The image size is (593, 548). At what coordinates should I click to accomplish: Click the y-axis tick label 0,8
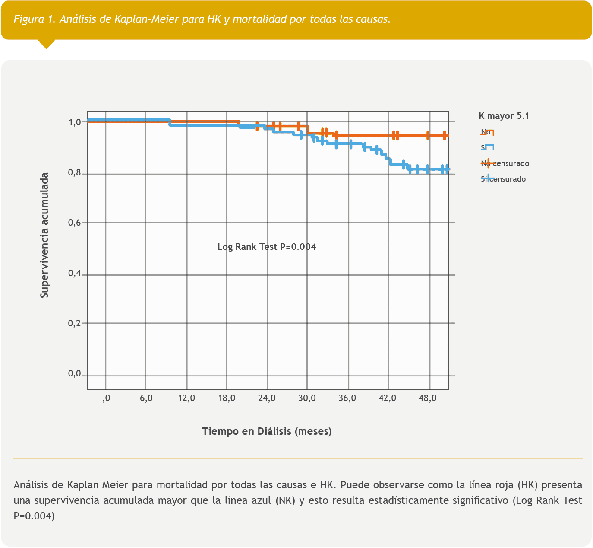75,174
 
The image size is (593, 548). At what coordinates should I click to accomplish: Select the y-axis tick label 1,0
75,122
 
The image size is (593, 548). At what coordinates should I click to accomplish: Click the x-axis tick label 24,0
267,398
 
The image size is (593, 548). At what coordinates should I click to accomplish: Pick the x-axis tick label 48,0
427,398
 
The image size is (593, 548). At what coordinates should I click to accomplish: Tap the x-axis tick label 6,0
146,398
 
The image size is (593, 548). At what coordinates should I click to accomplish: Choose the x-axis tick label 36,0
347,398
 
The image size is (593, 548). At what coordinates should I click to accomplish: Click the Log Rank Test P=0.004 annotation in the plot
267,247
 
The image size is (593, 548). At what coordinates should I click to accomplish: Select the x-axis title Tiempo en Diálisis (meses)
267,431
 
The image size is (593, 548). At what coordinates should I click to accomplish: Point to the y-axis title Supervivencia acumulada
44,236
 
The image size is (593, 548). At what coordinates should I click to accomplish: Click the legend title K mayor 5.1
504,116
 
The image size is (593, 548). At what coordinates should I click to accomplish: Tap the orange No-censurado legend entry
505,163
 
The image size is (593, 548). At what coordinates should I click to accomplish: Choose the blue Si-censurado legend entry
503,179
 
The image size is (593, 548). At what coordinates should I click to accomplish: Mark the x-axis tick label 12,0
186,398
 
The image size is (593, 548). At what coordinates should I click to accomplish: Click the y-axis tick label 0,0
75,374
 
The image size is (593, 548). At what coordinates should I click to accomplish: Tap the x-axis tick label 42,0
387,398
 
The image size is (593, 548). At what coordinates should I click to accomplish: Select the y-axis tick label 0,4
75,274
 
